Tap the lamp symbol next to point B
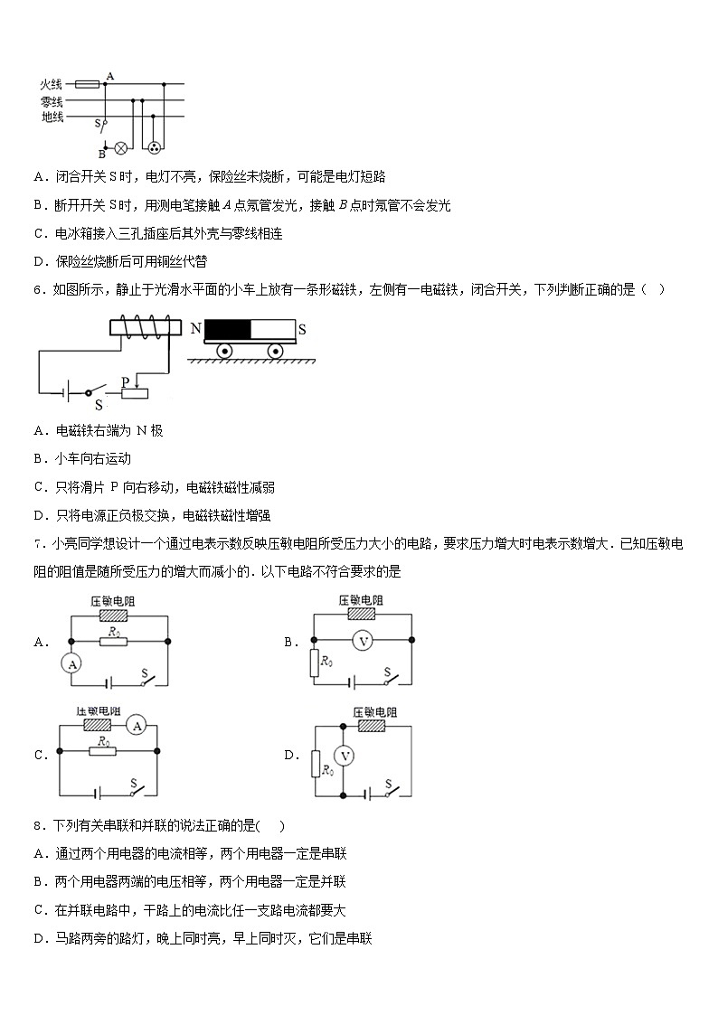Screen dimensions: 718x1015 click(118, 145)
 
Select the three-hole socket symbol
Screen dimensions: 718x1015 click(155, 146)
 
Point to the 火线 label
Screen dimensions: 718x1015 click(52, 84)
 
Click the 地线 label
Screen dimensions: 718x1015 click(52, 117)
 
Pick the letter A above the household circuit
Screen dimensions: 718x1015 click(109, 76)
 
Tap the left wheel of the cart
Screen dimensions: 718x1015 click(224, 351)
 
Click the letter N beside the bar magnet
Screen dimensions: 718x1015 click(195, 329)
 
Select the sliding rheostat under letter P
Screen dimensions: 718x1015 click(135, 392)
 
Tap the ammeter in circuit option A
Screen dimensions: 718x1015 click(71, 663)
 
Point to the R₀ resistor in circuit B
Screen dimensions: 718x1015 click(314, 663)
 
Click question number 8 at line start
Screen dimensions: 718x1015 click(37, 825)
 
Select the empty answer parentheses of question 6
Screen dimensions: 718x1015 click(654, 289)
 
